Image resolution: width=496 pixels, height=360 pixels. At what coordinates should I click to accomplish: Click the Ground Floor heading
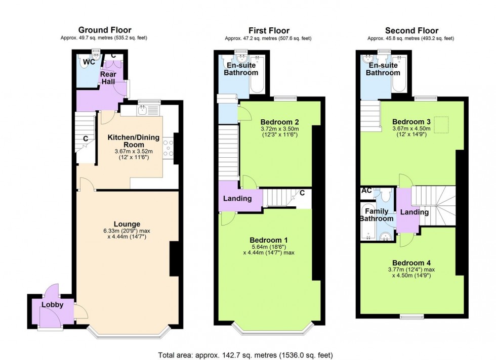coord(105,30)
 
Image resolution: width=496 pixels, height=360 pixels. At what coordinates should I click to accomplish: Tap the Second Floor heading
coord(411,31)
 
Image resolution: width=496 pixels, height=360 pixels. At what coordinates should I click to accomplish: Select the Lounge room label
coord(127,224)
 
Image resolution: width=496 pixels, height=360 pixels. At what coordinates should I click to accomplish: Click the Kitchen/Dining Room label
coord(134,141)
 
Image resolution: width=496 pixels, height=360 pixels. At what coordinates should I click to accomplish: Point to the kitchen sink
coord(143,110)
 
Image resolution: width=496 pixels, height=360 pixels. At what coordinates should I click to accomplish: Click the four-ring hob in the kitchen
coord(168,148)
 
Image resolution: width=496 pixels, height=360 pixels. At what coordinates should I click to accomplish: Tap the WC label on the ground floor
coord(89,62)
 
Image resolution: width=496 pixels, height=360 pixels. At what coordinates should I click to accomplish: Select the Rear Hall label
coord(108,78)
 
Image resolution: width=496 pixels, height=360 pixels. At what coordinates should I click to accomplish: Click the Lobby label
coord(53,305)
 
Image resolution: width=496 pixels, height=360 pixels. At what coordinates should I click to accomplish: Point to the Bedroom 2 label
coord(279,122)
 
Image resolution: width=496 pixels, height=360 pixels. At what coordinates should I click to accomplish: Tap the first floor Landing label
coord(237,199)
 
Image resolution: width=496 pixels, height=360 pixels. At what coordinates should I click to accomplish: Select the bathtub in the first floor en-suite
coord(257,74)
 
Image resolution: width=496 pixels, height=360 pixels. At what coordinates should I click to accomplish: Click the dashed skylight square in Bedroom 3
coord(441,125)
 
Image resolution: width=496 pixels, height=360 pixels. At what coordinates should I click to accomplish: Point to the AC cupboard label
coord(366,191)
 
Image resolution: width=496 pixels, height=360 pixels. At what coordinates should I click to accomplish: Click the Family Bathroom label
coord(377,215)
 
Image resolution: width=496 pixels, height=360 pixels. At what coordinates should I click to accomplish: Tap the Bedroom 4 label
coord(411,263)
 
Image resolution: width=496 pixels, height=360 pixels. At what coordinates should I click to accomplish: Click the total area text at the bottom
coord(245,355)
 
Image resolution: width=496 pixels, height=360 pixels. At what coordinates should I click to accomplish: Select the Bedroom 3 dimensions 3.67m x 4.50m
coord(411,128)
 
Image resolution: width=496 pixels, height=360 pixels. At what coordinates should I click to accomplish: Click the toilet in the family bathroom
coord(385,195)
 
